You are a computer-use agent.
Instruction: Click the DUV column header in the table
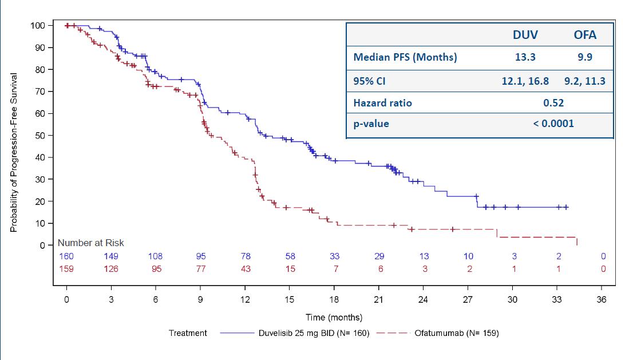pos(525,35)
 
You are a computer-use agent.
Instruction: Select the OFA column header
pos(585,35)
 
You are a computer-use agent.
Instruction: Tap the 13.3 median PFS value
pos(525,57)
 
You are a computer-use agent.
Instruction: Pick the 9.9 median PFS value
pos(585,57)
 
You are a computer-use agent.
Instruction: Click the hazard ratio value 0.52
pos(553,103)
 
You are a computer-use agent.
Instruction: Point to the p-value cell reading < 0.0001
pos(553,123)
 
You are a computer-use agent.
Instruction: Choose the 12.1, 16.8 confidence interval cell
pos(525,81)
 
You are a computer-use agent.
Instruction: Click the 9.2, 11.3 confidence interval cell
pos(585,81)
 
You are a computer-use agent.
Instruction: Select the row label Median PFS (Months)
pos(405,57)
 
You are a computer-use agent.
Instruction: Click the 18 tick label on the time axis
pos(334,300)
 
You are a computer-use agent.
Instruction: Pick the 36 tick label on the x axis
pos(602,300)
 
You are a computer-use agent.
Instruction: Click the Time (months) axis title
pos(334,318)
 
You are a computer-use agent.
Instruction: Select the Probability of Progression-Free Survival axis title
pos(14,152)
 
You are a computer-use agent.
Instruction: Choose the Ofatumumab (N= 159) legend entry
pos(456,333)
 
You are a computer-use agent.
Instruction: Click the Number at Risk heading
pos(90,243)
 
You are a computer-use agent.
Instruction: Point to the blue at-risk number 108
pos(156,256)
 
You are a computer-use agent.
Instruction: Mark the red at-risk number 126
pos(111,269)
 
